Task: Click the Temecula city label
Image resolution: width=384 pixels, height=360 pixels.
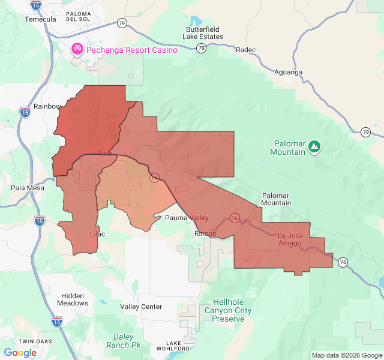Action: tap(40, 19)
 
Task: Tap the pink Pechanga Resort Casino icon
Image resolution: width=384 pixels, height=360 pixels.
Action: tap(77, 48)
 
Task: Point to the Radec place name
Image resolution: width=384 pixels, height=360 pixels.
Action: tap(246, 50)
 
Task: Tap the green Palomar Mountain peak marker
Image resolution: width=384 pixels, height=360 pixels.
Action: tap(314, 146)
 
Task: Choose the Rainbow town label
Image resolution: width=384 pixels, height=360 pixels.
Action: tap(47, 106)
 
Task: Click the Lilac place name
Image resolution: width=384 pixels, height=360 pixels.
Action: tap(97, 233)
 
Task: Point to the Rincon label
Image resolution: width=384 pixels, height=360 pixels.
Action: tap(205, 233)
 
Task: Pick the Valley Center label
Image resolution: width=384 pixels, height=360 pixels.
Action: tap(141, 307)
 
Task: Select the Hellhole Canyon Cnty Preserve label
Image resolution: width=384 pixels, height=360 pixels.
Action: tap(228, 310)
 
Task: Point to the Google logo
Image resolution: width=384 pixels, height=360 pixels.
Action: tap(20, 352)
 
